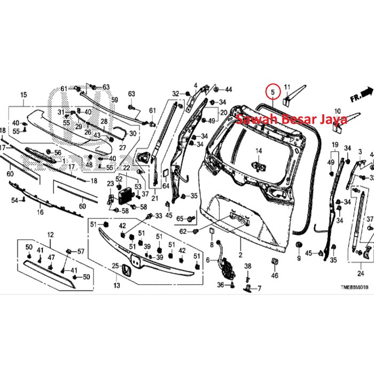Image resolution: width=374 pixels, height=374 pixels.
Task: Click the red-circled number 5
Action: [273, 91]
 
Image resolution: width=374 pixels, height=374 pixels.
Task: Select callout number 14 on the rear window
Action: [258, 151]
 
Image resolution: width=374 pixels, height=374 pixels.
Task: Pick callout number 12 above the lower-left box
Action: [51, 235]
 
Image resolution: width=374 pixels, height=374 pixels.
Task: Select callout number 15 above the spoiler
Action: [23, 96]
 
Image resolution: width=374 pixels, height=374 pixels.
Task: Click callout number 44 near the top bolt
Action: [228, 89]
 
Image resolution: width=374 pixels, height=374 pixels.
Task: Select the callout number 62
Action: [183, 231]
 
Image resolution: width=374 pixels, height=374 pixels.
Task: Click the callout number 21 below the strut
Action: [155, 199]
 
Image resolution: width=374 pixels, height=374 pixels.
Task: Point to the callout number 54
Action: [15, 200]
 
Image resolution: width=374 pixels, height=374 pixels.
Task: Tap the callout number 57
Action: [81, 251]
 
